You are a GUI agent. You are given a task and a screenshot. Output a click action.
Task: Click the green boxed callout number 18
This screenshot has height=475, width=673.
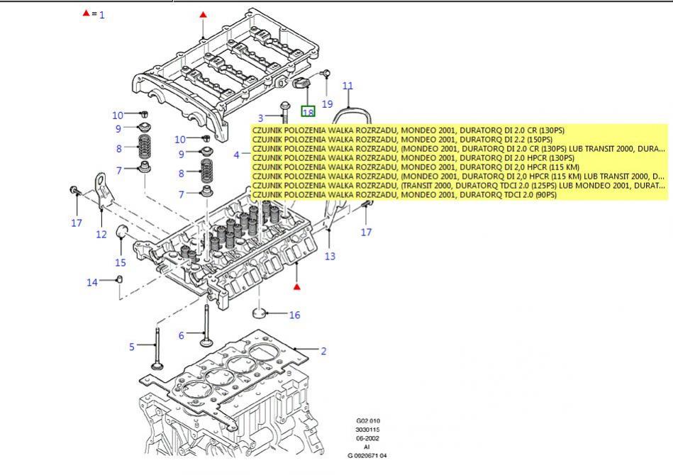point(308,112)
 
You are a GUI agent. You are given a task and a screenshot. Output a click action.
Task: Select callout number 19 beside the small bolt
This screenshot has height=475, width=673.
point(327,104)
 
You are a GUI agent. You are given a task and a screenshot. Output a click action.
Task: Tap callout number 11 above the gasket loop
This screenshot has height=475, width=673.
point(347,86)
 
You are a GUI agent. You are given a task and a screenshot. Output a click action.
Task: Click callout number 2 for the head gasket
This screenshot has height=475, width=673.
point(323,351)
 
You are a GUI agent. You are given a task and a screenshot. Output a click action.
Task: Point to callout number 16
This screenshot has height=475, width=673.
point(294,315)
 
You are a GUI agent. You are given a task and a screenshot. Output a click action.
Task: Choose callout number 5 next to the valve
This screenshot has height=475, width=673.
point(131,347)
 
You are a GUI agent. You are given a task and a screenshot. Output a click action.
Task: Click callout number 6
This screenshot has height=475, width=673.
point(181,335)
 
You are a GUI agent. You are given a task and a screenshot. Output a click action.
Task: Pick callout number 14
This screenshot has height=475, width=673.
point(92,282)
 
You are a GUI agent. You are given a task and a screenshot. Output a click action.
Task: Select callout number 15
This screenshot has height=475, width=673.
point(121,263)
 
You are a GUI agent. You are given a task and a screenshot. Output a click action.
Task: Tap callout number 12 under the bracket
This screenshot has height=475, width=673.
point(101,235)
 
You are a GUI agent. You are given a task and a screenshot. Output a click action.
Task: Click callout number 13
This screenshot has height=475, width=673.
point(330,257)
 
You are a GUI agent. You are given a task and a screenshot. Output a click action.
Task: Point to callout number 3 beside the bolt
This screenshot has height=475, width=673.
point(261,118)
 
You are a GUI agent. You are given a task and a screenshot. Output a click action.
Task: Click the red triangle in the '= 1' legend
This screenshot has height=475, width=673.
point(87,13)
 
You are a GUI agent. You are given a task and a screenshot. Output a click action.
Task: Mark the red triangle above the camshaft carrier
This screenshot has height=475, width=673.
point(204,14)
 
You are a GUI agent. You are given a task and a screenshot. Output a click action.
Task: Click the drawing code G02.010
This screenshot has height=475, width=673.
point(368,421)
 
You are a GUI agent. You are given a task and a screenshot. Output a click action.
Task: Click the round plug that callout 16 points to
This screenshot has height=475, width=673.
point(260,313)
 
